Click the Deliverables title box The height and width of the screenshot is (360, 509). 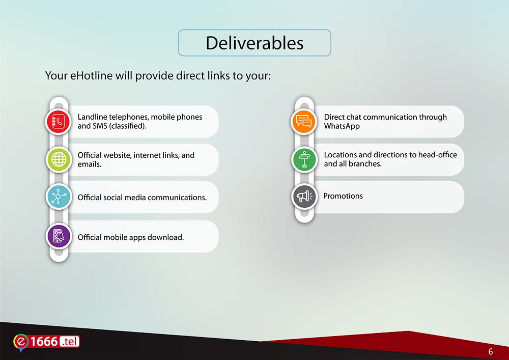(254, 43)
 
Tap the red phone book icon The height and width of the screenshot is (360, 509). (59, 122)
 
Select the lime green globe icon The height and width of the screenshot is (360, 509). (59, 159)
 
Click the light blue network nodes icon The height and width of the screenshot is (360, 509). (59, 197)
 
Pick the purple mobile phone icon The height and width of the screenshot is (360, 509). (59, 236)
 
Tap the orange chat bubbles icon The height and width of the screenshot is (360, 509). (304, 122)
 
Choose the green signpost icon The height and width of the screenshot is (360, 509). (304, 159)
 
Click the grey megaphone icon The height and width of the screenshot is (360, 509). (304, 196)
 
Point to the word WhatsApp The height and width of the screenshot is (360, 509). (342, 126)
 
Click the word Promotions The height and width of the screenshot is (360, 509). (343, 196)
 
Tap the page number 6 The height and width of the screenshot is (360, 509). (491, 351)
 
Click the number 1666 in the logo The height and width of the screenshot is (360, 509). (44, 342)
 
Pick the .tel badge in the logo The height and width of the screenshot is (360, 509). (69, 342)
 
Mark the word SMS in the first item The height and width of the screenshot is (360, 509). (100, 126)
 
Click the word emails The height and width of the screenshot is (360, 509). (89, 164)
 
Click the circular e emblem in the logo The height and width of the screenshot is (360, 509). (21, 342)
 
